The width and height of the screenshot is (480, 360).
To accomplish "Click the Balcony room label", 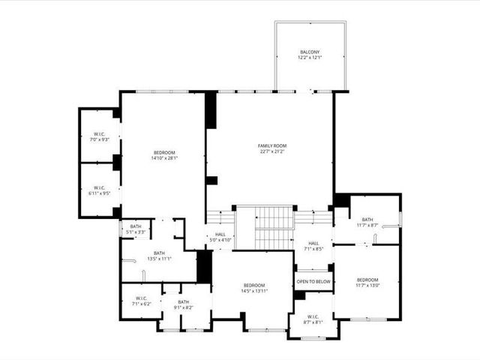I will [x=310, y=52].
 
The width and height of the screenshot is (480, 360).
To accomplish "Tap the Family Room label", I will [x=272, y=145].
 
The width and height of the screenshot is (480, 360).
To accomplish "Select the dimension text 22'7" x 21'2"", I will [x=272, y=151].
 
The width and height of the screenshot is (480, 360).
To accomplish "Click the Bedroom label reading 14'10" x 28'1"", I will [x=164, y=152].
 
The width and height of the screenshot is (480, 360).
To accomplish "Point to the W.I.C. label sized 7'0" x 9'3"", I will [x=100, y=134].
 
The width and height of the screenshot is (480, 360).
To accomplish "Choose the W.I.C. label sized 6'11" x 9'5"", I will [x=100, y=187].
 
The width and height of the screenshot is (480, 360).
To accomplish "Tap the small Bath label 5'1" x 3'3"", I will [x=136, y=226].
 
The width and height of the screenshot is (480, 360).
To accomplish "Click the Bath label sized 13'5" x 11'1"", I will [x=159, y=253].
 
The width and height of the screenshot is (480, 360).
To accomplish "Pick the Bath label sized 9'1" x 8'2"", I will [x=184, y=301].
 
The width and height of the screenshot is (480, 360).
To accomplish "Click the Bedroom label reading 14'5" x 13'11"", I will [x=253, y=286].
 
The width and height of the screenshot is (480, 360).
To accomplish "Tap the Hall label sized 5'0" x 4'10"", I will [x=220, y=235].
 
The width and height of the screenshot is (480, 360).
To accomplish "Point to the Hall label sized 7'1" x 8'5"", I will [x=313, y=244].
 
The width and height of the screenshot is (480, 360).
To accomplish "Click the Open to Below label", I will [x=313, y=281].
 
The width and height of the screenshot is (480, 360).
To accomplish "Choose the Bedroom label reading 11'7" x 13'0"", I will [x=367, y=279].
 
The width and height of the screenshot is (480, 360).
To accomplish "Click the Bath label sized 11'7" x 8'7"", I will [x=367, y=220].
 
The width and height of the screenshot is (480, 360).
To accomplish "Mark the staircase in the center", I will [x=273, y=226].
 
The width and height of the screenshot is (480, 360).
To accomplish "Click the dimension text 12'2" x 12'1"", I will [x=310, y=58].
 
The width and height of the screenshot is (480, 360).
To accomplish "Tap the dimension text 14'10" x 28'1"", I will [x=164, y=158].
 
